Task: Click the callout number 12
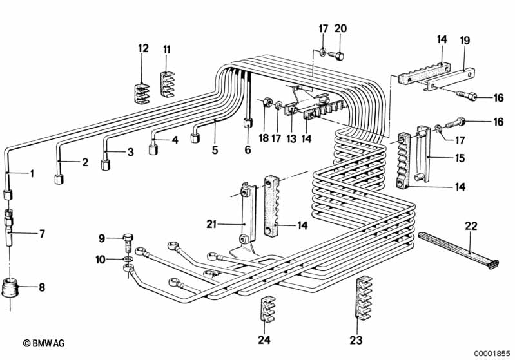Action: tap(143, 48)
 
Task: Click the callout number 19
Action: tap(463, 39)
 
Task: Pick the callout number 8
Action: tap(42, 287)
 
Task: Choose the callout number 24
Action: tap(265, 339)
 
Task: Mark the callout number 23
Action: tap(356, 340)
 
